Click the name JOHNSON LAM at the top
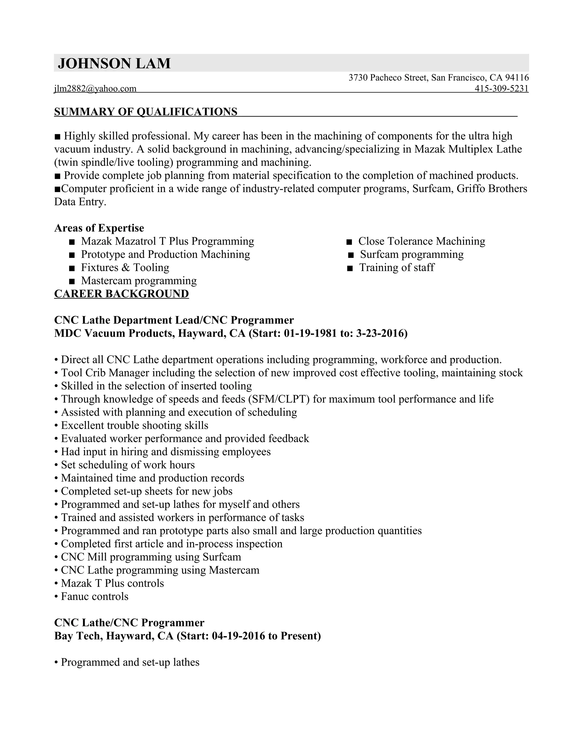[114, 64]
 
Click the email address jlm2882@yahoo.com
[95, 89]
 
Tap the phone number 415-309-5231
[502, 89]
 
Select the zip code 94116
[517, 78]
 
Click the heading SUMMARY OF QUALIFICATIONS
[146, 112]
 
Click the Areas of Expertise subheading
[99, 228]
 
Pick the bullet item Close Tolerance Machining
[421, 241]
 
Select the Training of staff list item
[397, 267]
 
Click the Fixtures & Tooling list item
[125, 267]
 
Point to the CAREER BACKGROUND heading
[122, 293]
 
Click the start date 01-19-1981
[310, 333]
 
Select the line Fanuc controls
[94, 596]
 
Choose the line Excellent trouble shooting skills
[134, 426]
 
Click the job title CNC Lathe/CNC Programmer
[129, 623]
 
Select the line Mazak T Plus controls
[112, 583]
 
